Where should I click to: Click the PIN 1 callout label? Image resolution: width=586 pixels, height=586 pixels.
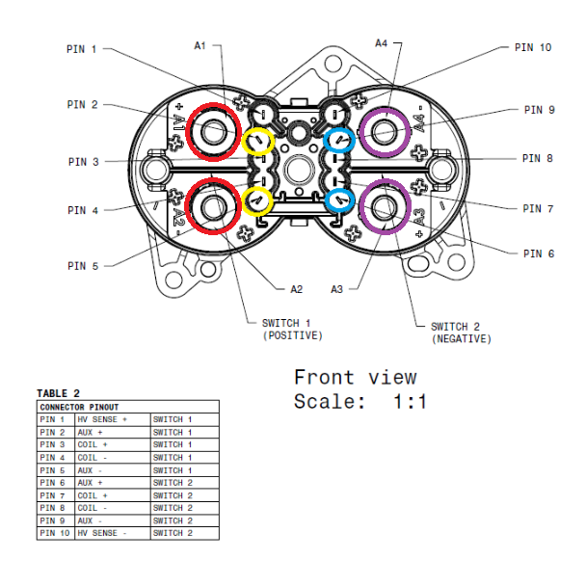click(82, 49)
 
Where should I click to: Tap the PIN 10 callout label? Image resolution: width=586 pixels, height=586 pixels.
click(532, 46)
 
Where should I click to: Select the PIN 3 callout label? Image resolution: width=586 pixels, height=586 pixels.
click(82, 162)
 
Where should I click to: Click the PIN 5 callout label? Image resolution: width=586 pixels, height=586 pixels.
click(82, 265)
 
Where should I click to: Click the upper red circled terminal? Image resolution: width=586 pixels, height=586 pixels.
click(213, 132)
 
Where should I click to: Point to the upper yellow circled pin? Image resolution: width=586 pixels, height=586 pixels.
click(258, 143)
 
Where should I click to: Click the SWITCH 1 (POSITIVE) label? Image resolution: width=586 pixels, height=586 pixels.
click(292, 329)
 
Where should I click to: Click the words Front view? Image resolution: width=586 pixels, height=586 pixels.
click(355, 377)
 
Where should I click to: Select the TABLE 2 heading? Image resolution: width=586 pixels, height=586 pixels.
click(58, 393)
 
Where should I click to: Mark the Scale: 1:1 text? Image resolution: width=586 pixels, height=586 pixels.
click(360, 402)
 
